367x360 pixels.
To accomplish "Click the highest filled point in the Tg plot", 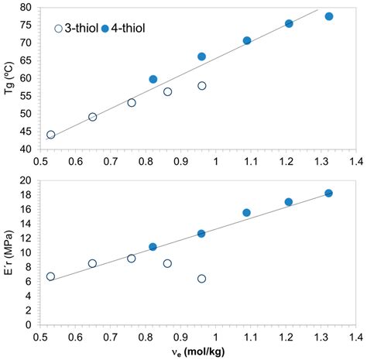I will click(329, 16).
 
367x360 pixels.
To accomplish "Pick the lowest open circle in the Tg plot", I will click(50, 134).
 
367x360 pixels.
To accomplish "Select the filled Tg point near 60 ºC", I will click(153, 79).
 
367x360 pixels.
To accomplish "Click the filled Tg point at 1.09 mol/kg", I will click(247, 40).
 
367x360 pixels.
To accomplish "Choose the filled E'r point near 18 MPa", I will click(329, 193).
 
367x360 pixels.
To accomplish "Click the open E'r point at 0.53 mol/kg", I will click(50, 276).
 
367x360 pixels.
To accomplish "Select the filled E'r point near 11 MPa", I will click(153, 247).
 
